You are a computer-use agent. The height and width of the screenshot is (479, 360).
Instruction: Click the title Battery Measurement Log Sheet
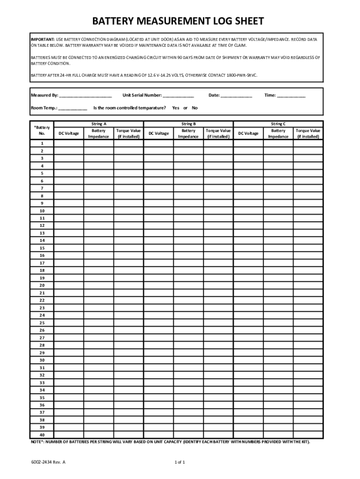(178, 21)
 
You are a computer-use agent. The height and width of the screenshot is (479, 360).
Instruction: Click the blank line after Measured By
(86, 96)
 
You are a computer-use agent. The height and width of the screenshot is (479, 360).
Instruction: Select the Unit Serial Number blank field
(178, 96)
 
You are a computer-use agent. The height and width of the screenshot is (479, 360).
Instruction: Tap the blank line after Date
(236, 96)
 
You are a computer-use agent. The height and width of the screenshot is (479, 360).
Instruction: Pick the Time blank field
(291, 96)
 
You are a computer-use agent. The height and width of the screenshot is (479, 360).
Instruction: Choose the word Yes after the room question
(176, 108)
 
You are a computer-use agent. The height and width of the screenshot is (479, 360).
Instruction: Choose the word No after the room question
(194, 108)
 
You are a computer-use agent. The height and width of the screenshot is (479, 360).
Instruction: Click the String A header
(99, 124)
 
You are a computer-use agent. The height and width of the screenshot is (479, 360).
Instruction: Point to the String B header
(188, 124)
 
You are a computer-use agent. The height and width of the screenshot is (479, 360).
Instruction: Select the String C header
(278, 124)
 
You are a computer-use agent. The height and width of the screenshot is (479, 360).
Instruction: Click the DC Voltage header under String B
(158, 134)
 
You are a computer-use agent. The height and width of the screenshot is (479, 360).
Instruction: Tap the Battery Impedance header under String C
(278, 134)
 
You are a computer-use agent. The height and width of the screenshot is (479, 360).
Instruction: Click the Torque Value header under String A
(129, 134)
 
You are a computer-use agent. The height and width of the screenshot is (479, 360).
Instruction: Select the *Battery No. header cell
(42, 130)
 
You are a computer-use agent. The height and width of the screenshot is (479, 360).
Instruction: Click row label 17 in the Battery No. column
(42, 263)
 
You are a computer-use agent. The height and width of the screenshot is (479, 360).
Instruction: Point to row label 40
(42, 435)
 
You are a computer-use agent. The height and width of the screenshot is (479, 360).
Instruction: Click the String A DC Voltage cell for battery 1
(69, 144)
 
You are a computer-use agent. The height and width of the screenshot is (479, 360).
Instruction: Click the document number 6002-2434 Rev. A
(48, 462)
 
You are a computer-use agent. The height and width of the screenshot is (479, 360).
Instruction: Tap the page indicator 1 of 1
(180, 462)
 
